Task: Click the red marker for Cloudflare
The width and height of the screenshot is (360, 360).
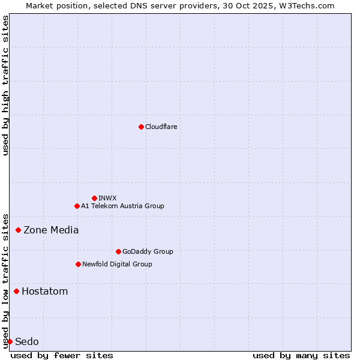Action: click(141, 127)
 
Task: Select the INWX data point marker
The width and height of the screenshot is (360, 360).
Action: click(94, 198)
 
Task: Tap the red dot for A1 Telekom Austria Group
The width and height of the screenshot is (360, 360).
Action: click(77, 206)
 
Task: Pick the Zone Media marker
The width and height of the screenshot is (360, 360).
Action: click(19, 230)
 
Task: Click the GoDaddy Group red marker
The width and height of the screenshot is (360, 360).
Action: click(118, 251)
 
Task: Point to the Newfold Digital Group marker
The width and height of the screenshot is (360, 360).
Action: click(78, 264)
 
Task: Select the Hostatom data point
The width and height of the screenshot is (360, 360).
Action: click(16, 291)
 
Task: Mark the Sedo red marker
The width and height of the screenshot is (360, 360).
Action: click(10, 341)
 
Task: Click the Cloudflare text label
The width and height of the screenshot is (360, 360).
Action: click(161, 127)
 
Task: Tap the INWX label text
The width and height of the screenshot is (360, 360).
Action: click(108, 198)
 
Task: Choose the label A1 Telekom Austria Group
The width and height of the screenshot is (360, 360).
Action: click(122, 206)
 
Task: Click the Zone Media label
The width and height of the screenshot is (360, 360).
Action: click(51, 230)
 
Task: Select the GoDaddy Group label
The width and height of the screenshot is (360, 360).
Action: click(148, 251)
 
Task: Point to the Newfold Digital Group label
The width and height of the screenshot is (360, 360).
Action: click(117, 264)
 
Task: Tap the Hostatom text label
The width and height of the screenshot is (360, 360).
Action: click(44, 292)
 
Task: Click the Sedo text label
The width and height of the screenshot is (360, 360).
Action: click(27, 341)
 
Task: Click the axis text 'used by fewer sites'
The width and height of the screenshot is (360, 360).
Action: click(62, 355)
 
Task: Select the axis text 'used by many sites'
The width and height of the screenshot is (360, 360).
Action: click(301, 355)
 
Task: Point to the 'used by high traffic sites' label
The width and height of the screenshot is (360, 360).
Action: click(5, 85)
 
